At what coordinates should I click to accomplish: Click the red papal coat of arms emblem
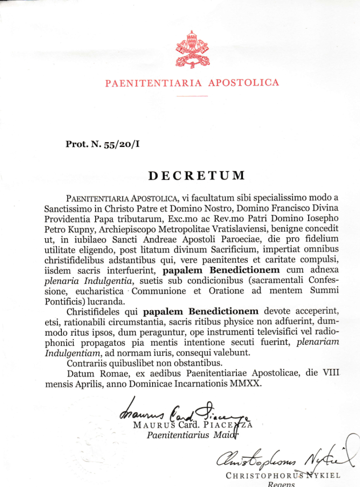click(x=192, y=49)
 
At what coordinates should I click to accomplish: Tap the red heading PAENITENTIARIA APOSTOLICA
click(x=192, y=83)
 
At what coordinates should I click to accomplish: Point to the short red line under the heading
click(x=192, y=96)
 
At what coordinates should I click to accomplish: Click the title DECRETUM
click(x=197, y=175)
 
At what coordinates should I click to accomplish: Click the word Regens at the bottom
click(x=282, y=484)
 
